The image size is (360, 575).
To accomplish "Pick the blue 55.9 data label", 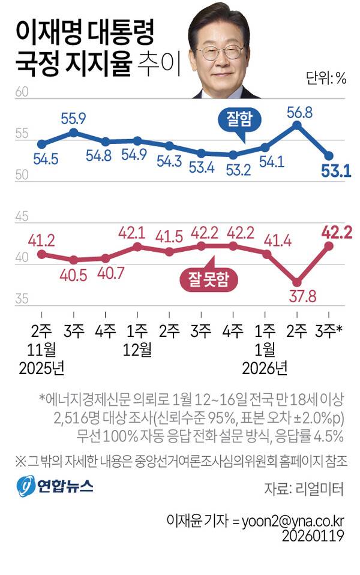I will [x=73, y=118].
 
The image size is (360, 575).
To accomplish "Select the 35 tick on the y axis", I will [x=22, y=298].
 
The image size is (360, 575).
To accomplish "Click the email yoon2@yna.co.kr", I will [x=293, y=521].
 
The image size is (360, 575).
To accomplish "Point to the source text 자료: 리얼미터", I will [x=304, y=489].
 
